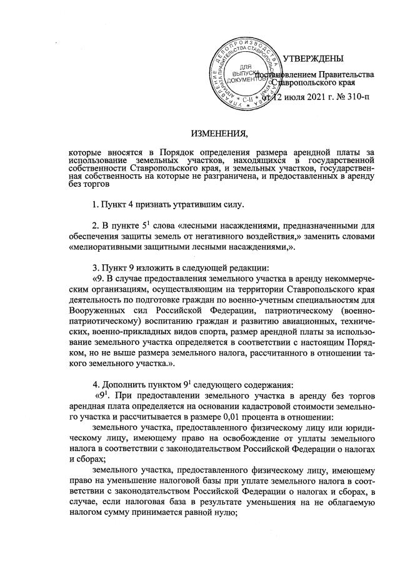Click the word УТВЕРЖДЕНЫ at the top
(x=313, y=59)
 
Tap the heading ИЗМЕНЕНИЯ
(x=219, y=134)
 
